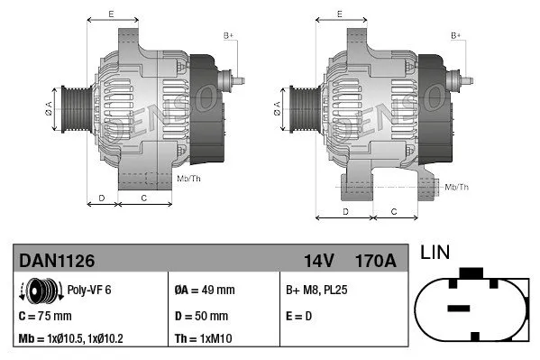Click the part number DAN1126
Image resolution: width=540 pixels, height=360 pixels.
pos(57,261)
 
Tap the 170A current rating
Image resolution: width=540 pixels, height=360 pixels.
pos(376,261)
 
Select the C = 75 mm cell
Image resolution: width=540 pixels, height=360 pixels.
pos(45,317)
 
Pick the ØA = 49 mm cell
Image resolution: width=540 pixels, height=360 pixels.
pos(204,290)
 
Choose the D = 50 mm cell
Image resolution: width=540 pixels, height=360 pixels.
pos(200,317)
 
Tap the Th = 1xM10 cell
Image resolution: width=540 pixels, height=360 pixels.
pos(201,339)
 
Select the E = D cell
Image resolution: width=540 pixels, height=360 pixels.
pos(300,317)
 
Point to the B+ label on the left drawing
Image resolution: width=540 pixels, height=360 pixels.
pos(229,35)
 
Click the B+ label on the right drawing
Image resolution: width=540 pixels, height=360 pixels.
pos(456,35)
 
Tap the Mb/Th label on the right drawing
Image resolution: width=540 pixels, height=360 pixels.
pos(457,187)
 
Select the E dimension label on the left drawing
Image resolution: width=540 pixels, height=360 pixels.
pos(111,14)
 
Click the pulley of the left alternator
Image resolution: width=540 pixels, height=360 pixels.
pos(71,109)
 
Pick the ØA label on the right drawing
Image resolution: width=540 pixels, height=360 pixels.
pos(277,109)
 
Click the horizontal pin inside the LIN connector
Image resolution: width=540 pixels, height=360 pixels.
pos(458,309)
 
